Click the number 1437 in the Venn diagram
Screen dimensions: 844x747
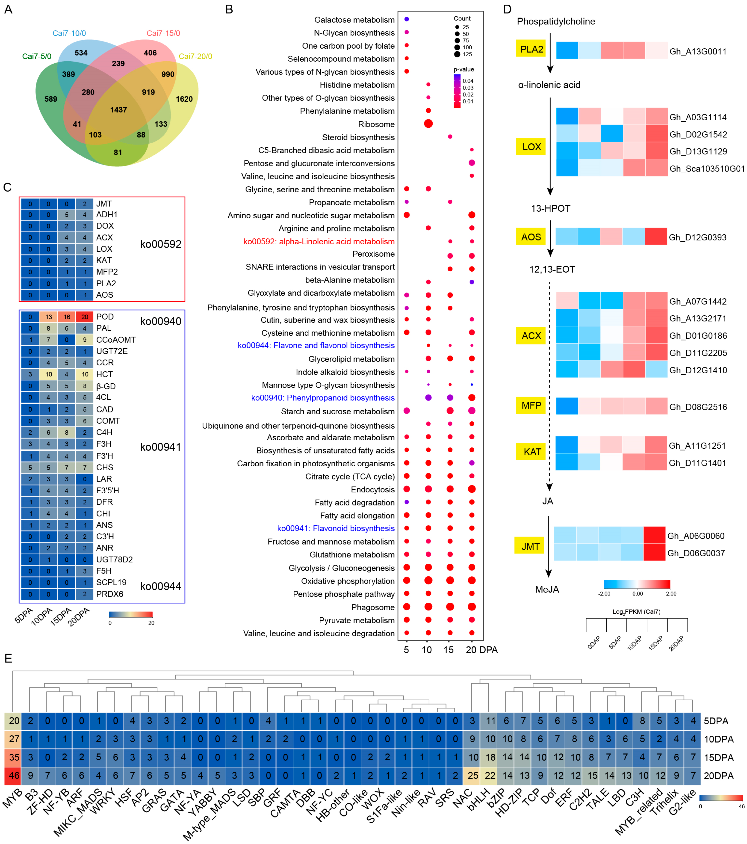click(x=118, y=110)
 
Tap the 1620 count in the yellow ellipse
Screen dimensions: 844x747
click(x=184, y=99)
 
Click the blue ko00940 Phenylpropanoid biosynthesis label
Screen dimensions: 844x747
click(x=323, y=398)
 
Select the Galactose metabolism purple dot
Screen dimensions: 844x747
click(x=407, y=19)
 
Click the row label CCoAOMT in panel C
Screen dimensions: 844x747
click(x=116, y=340)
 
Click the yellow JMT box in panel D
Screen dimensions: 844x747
click(x=530, y=546)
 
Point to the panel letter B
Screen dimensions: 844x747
click(x=229, y=9)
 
